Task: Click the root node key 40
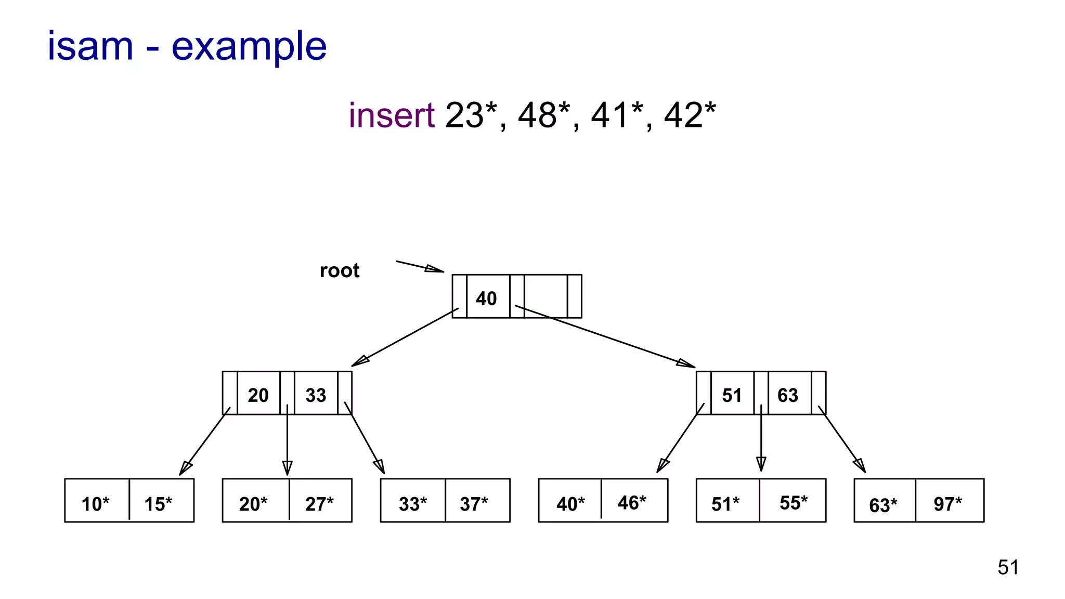click(487, 298)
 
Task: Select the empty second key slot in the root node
click(545, 296)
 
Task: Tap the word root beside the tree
click(339, 271)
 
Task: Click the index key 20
click(258, 395)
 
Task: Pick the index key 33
click(316, 395)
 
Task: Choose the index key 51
click(732, 395)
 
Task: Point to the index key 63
click(788, 395)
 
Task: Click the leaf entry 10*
click(96, 503)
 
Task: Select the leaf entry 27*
click(319, 503)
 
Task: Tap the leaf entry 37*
click(474, 503)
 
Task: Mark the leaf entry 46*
click(632, 502)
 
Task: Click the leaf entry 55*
click(794, 502)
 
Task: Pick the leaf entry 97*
click(947, 503)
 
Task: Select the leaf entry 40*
click(570, 503)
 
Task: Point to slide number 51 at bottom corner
click(1008, 567)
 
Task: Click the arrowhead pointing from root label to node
click(435, 269)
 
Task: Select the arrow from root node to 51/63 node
click(603, 335)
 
